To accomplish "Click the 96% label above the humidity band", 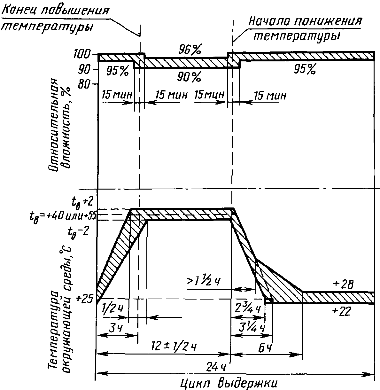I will (190, 50).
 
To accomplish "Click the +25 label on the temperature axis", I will (85, 299).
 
